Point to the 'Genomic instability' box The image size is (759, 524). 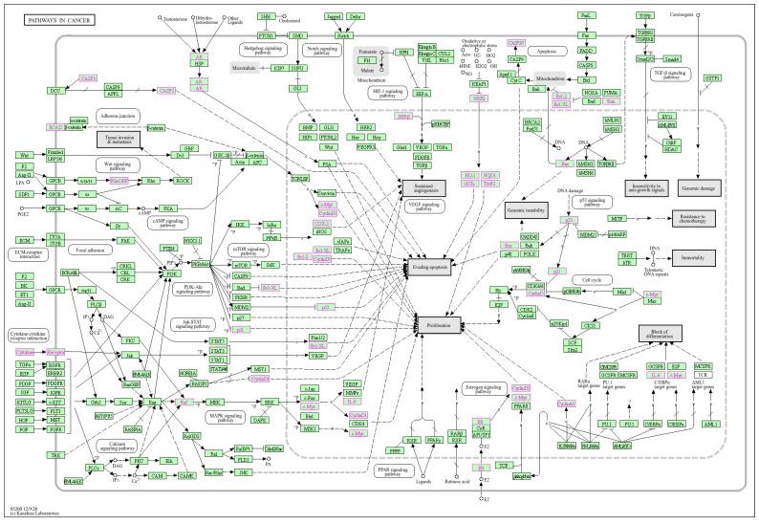tap(524, 209)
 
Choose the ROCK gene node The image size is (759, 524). tap(183, 180)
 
